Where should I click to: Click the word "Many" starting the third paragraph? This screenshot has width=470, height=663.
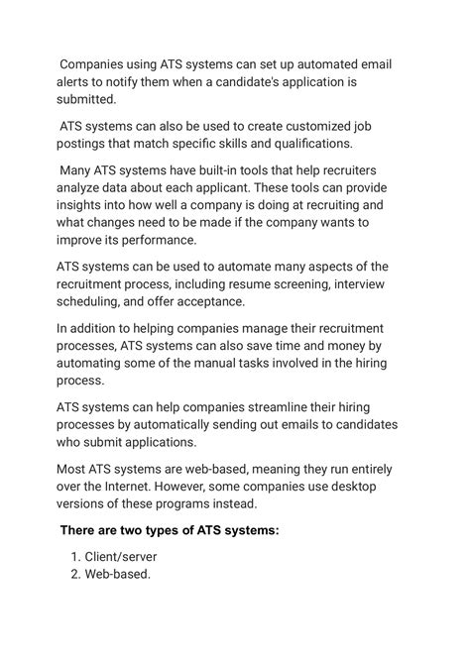tap(77, 169)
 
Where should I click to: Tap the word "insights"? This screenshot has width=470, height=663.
tap(82, 205)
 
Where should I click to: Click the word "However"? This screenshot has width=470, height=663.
tap(217, 485)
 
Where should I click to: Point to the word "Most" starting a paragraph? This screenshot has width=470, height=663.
tap(73, 467)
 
